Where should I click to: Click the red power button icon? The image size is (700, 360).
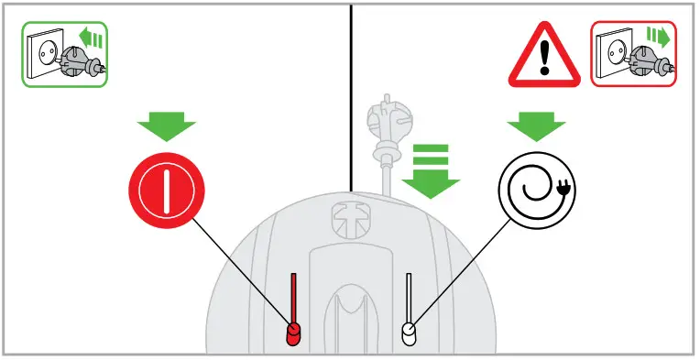[x=167, y=191]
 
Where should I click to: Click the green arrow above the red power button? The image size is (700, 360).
[x=166, y=126]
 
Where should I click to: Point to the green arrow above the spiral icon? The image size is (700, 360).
[x=538, y=126]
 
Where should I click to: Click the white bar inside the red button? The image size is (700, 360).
[x=167, y=191]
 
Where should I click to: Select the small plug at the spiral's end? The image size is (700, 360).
[x=562, y=191]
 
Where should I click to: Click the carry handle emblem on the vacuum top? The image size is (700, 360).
[x=351, y=220]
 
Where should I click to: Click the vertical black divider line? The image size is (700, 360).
[x=351, y=92]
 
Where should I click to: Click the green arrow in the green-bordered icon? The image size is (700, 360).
[x=92, y=38]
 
